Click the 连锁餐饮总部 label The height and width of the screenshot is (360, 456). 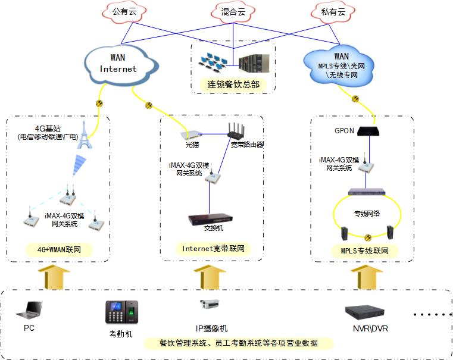click(x=233, y=84)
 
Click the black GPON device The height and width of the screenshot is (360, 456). click(x=370, y=130)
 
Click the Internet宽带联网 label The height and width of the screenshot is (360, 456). click(x=213, y=249)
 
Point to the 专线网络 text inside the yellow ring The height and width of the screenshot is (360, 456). click(x=367, y=213)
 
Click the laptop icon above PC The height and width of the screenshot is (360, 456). click(x=32, y=310)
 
